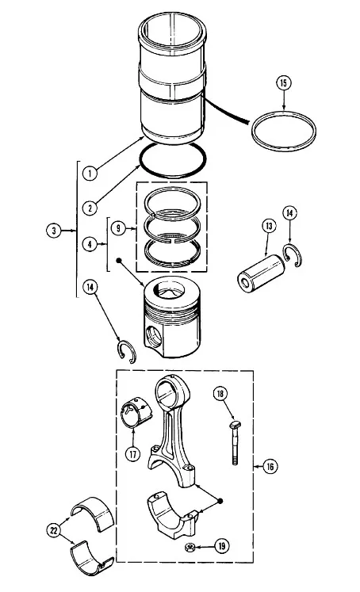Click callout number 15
(x=284, y=82)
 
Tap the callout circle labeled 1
(x=90, y=174)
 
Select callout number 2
(x=90, y=208)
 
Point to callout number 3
(x=54, y=231)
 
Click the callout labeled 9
(x=118, y=228)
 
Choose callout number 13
(x=269, y=226)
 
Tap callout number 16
(x=270, y=467)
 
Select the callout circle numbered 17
(x=132, y=454)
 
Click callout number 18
(x=220, y=394)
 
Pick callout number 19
(x=222, y=546)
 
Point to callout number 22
(x=54, y=530)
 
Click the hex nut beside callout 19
(x=190, y=547)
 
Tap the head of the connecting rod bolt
(x=234, y=425)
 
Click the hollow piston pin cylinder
(x=261, y=273)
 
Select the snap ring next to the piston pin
(x=292, y=256)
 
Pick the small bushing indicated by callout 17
(x=136, y=412)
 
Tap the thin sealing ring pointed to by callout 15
(x=284, y=131)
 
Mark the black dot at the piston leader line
(x=119, y=260)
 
